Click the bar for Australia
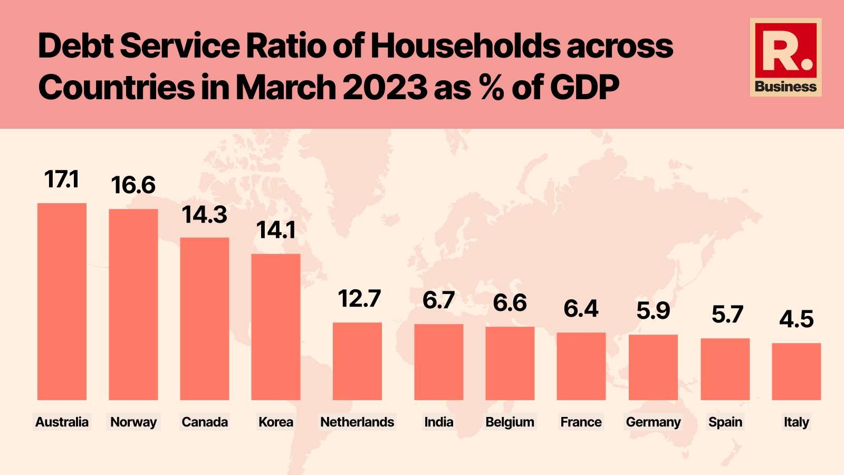pos(62,301)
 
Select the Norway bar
pos(133,305)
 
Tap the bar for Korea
pos(276,327)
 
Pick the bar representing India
pos(439,362)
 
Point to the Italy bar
pos(797,372)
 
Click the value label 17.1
pos(62,179)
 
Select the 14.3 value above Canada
pos(204,215)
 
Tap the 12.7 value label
pos(359,299)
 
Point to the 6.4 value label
pos(581,309)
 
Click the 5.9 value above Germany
pos(653,311)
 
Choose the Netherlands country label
pos(357,422)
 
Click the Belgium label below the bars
pos(510,422)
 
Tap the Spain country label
pos(725,422)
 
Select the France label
pos(581,422)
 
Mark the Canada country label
pos(205,422)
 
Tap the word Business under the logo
pos(785,87)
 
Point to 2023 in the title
pos(385,87)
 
